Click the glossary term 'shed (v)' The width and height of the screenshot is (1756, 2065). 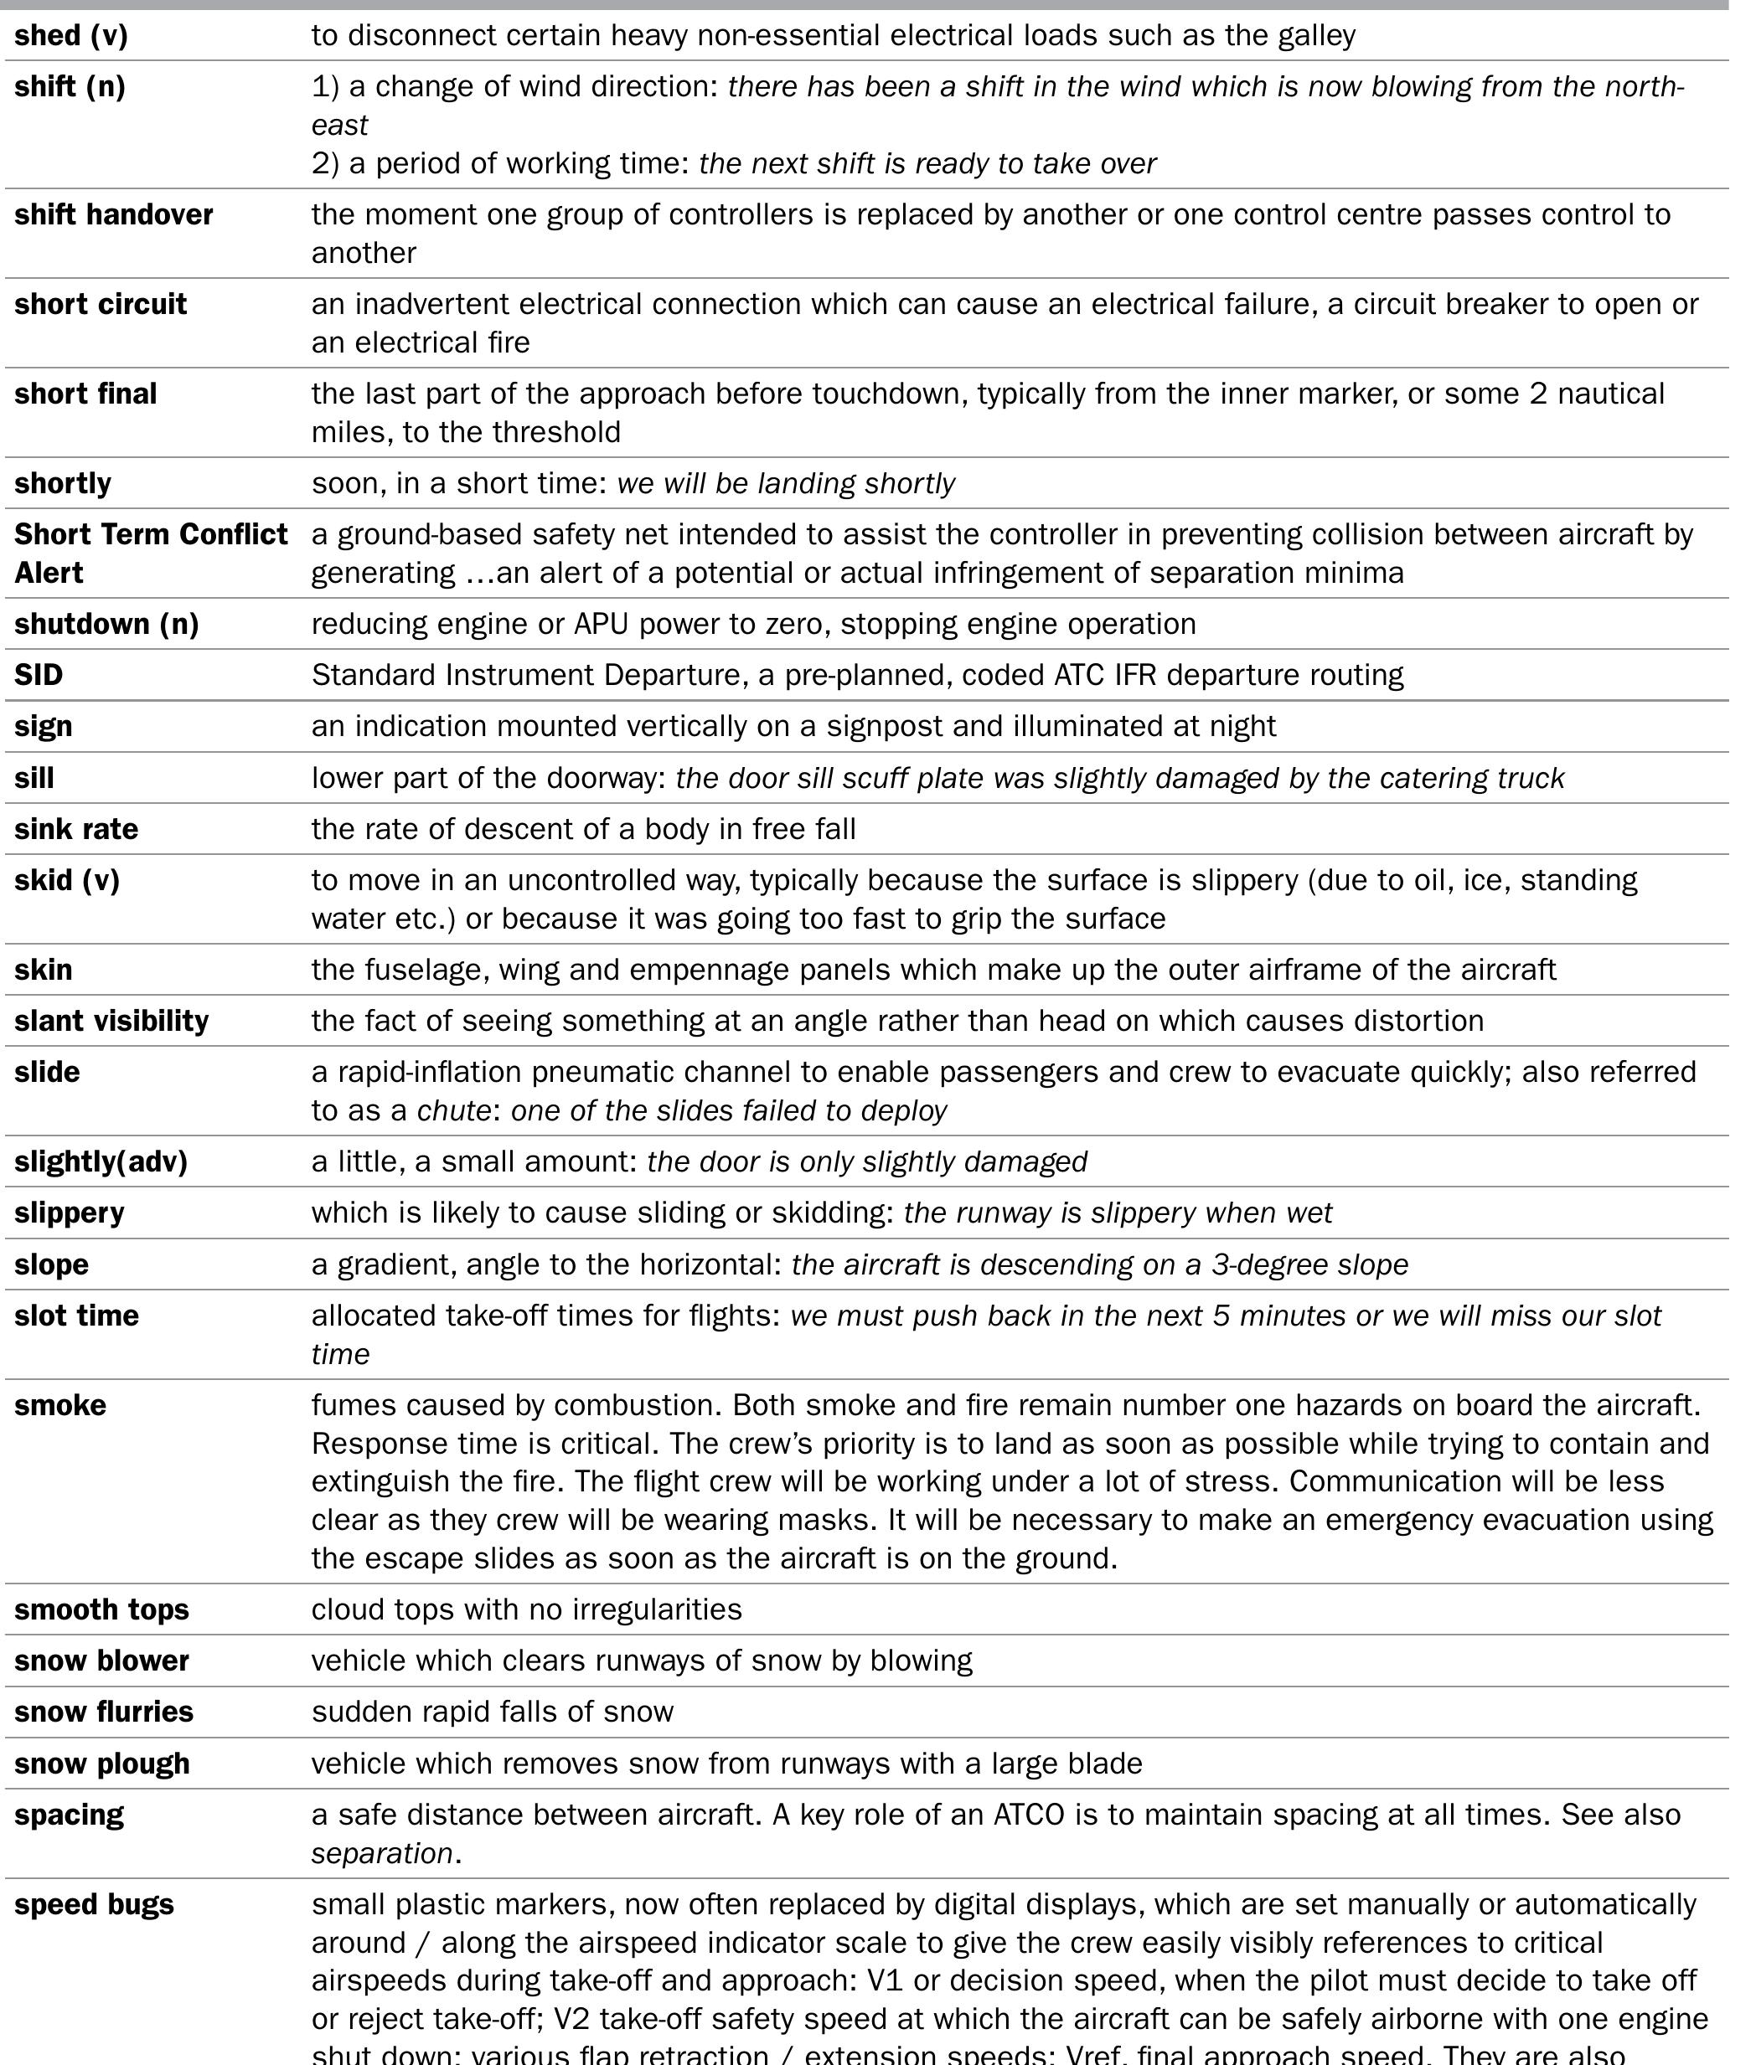coord(70,36)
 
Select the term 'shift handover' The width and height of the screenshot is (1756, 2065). coord(113,215)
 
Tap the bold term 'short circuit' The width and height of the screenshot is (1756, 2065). coord(101,305)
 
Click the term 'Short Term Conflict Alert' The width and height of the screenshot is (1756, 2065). coord(150,554)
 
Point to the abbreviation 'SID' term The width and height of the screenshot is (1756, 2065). coord(39,676)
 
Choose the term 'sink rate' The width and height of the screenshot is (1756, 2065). coord(75,830)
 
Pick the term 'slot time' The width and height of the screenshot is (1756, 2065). coord(76,1316)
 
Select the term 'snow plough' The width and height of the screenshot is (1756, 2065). coord(101,1764)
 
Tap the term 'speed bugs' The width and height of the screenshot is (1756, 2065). coord(94,1905)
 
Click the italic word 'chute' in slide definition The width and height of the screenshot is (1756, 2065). coord(453,1111)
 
